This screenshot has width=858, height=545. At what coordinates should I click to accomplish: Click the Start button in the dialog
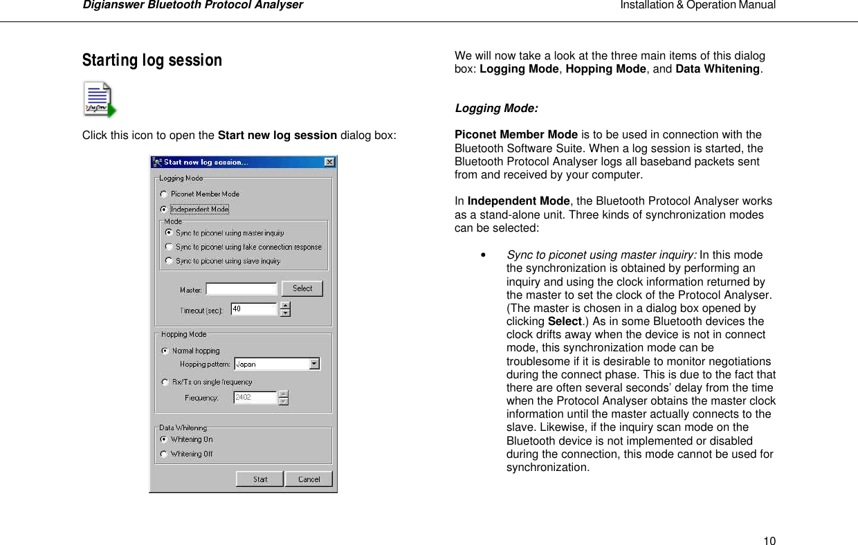click(x=259, y=479)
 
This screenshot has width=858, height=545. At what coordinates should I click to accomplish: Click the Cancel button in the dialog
click(x=309, y=479)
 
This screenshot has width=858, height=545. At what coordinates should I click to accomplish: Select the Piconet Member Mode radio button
click(x=163, y=194)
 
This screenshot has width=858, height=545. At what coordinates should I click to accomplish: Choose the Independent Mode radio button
click(x=163, y=209)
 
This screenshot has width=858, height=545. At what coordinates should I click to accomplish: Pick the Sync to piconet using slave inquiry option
click(x=169, y=261)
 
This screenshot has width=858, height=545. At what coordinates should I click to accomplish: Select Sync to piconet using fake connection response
click(x=169, y=247)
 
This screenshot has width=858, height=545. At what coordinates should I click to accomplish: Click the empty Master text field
click(x=241, y=289)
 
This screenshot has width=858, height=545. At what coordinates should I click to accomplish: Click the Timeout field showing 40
click(x=253, y=309)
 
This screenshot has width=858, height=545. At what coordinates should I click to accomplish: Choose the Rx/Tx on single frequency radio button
click(x=165, y=382)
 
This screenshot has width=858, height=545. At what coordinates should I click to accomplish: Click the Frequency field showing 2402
click(x=255, y=398)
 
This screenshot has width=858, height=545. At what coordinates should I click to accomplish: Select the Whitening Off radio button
click(x=163, y=454)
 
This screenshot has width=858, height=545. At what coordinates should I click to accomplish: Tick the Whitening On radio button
click(x=163, y=439)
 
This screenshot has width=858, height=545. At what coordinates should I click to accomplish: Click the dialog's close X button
click(x=329, y=163)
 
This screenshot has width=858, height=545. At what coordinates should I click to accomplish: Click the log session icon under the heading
click(x=99, y=100)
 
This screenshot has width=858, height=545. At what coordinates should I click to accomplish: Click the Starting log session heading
click(x=152, y=60)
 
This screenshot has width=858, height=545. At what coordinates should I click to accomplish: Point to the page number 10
click(x=769, y=521)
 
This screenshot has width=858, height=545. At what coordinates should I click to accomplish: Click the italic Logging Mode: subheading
click(x=496, y=109)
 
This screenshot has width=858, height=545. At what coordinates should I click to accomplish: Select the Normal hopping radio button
click(x=165, y=351)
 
